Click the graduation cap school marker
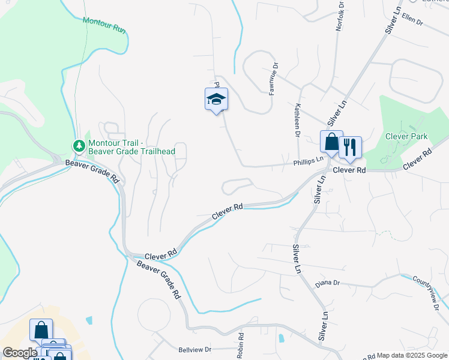coord(217,100)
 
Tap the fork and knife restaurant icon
coord(349,147)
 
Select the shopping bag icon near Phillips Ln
coord(331,142)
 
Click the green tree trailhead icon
coord(79,146)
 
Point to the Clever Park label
coord(406,137)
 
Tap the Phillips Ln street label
coord(308,161)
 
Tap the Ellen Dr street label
coord(412,19)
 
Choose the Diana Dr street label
coord(327,283)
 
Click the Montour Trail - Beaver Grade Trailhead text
coord(131,147)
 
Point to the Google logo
coord(19,353)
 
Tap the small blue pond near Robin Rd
coord(281,338)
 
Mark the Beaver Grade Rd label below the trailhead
coord(92,172)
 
